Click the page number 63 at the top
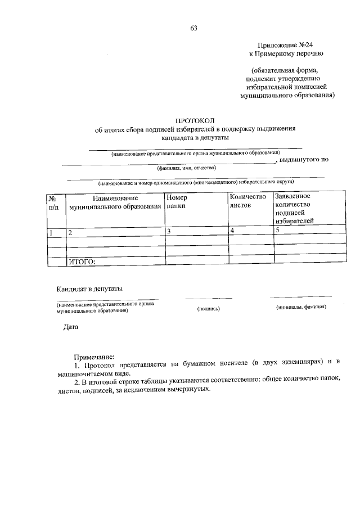click(193, 28)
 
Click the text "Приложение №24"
click(286, 44)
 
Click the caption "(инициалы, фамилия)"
click(301, 307)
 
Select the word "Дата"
click(71, 327)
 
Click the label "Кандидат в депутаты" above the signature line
click(89, 289)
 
